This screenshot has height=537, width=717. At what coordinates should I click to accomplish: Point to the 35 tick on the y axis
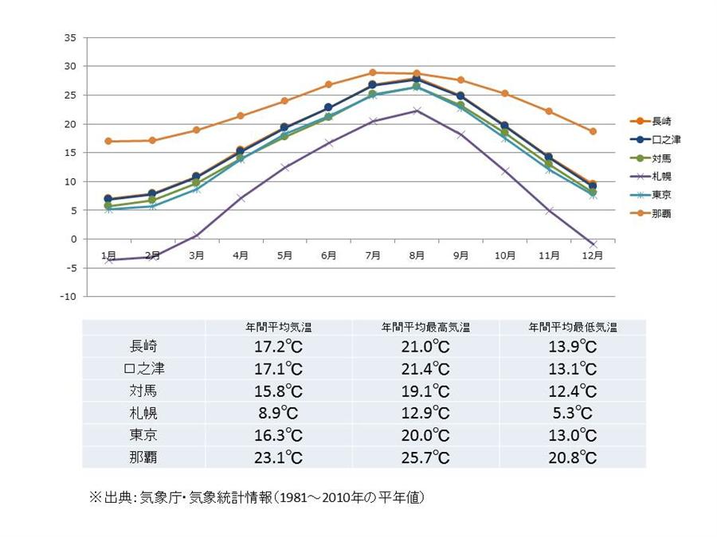(69, 37)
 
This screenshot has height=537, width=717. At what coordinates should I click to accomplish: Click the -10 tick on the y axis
(68, 297)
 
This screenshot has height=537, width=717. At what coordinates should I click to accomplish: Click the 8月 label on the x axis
(416, 255)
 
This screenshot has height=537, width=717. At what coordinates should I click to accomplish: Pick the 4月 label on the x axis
(241, 255)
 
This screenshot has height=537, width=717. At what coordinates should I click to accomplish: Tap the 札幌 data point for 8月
(416, 111)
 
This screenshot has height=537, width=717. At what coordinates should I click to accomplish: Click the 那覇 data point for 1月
(108, 142)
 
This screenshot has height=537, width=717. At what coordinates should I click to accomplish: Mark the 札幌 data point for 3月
(196, 235)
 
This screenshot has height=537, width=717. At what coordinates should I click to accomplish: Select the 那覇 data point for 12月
(592, 131)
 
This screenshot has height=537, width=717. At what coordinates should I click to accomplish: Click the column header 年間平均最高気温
(425, 327)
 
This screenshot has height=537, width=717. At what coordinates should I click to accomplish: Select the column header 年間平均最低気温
(573, 327)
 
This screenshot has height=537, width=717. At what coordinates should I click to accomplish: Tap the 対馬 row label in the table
(143, 390)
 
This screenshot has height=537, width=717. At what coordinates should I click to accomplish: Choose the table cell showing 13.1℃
(573, 368)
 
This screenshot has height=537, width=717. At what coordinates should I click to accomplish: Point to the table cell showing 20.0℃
(425, 435)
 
